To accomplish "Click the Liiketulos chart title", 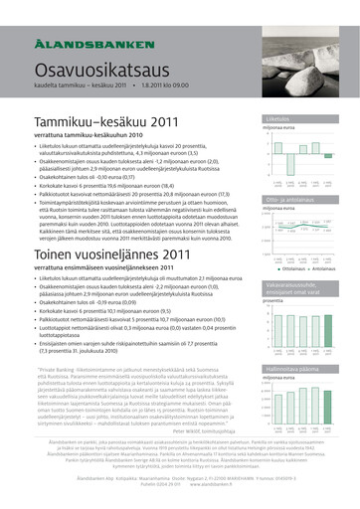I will pyautogui.click(x=276, y=118).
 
